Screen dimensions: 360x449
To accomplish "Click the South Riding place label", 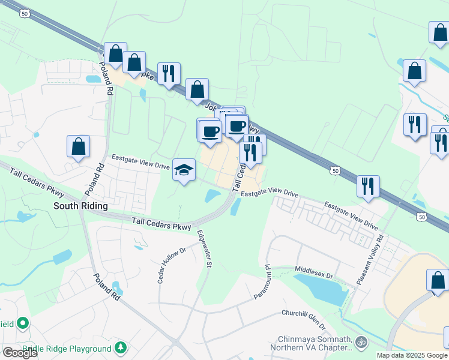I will click(80, 206).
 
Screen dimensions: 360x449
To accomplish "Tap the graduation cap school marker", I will click(184, 170).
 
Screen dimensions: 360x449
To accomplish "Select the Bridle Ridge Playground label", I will click(67, 349).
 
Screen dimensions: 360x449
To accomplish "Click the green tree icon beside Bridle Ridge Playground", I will click(121, 347).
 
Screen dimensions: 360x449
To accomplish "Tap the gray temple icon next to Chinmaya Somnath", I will click(361, 343).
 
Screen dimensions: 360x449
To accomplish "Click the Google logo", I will click(20, 353).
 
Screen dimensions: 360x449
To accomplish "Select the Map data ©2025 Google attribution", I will click(412, 355).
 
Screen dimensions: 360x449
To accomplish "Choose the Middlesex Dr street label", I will click(313, 271).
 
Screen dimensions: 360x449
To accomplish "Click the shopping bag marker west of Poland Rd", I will click(78, 146).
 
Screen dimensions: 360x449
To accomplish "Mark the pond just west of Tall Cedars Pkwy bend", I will click(212, 196).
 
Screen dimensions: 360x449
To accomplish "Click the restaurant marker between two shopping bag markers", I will click(169, 74).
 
